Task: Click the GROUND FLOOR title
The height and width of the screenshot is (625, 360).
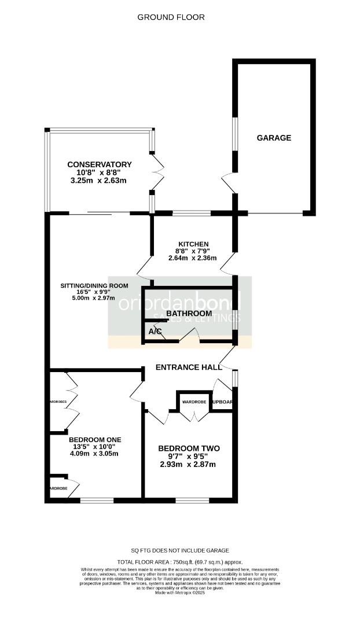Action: point(171,17)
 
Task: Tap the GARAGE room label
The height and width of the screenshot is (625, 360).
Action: point(274,138)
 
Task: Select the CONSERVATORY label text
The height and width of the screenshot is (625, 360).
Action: point(99,165)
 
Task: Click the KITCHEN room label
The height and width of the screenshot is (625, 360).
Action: point(193,244)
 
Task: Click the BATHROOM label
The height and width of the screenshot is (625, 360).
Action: point(189,314)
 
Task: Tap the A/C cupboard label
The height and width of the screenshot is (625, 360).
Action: point(155,332)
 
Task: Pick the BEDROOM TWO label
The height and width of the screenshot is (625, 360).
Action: point(189,448)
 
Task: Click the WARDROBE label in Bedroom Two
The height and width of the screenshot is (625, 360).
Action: point(194,401)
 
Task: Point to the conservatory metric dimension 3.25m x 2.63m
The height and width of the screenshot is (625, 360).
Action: point(99,181)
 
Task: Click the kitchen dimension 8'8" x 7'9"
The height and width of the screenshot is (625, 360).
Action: point(193,251)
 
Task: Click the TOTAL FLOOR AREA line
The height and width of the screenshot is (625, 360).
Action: point(179,562)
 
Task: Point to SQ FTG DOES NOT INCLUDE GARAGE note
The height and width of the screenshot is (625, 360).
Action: point(179,550)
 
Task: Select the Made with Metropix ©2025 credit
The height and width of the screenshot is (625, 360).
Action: point(179,593)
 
